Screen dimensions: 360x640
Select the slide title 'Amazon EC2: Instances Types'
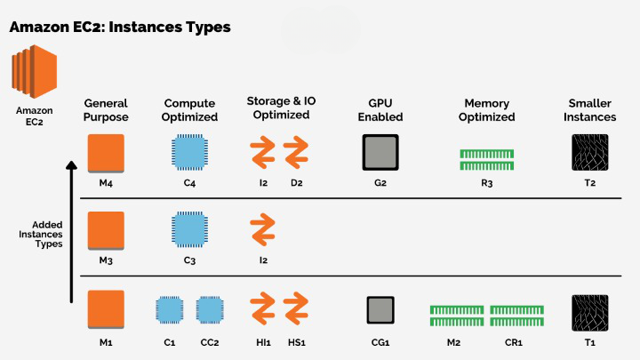[x=120, y=27]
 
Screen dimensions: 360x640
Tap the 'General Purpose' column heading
[x=106, y=109]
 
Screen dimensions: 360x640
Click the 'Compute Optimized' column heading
[x=190, y=109]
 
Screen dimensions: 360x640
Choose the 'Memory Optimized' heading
[x=488, y=109]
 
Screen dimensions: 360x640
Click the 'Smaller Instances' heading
[x=589, y=109]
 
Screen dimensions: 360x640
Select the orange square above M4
[x=106, y=153]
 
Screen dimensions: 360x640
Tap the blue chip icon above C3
[x=189, y=229]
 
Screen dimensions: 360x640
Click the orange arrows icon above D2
[x=296, y=152]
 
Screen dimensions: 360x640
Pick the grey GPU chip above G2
[x=380, y=152]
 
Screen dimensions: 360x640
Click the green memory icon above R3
[x=488, y=159]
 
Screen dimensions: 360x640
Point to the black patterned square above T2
[x=589, y=152]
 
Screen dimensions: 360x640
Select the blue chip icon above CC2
[x=210, y=309]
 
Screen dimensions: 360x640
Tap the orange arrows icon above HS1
[x=296, y=309]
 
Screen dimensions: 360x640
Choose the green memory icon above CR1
[x=515, y=315]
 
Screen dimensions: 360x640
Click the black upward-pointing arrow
[x=71, y=231]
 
